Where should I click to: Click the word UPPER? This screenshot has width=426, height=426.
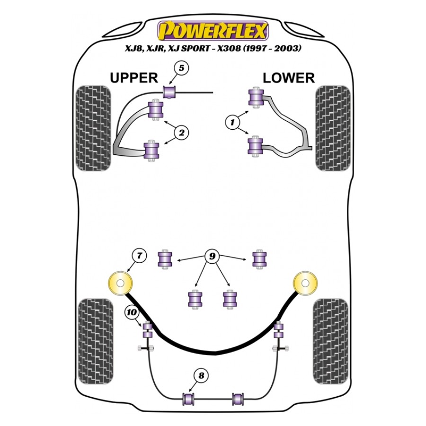[x=133, y=78]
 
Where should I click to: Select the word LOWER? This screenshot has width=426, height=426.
[x=289, y=78]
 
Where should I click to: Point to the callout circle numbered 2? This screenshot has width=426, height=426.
[x=181, y=133]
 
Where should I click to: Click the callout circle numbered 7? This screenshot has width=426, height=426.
[x=139, y=256]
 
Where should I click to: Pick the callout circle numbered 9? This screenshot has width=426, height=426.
[x=213, y=257]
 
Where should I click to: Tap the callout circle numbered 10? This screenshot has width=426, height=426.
[x=132, y=312]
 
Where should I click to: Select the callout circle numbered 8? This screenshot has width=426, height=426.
[x=201, y=376]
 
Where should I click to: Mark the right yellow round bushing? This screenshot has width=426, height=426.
[x=305, y=284]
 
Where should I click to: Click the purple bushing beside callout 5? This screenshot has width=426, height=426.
[x=169, y=91]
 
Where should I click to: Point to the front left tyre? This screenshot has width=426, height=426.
[x=93, y=127]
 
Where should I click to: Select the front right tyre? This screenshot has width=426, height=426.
[x=332, y=127]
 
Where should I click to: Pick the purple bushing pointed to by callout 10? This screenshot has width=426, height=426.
[x=147, y=329]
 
